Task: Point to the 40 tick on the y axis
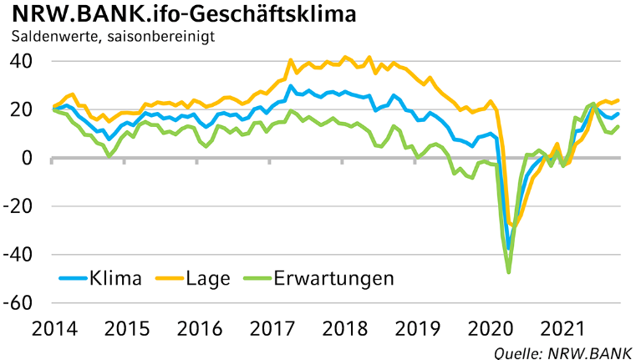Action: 22,62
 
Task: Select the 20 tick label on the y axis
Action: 22,110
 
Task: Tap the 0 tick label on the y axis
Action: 27,159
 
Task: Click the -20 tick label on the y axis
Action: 18,207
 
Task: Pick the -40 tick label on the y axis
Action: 18,255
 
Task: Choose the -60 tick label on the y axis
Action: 18,303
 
